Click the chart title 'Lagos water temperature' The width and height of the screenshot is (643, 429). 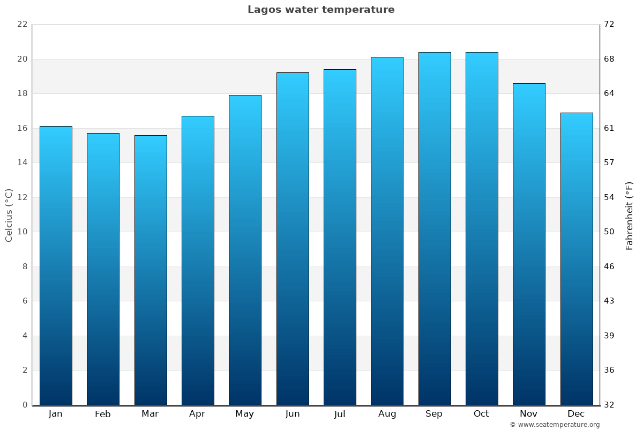click(x=321, y=10)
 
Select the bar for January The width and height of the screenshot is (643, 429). click(x=56, y=265)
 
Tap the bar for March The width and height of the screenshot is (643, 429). click(x=151, y=270)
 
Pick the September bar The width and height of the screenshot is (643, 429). click(x=435, y=228)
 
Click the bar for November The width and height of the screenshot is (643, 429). click(x=529, y=244)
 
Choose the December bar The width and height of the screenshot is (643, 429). click(x=577, y=258)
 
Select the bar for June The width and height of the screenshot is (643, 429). click(x=293, y=239)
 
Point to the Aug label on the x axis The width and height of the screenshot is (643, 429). click(x=387, y=414)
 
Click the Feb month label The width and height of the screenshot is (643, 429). click(x=103, y=414)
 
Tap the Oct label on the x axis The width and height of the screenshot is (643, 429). click(x=481, y=414)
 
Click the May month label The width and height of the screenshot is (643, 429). click(x=245, y=414)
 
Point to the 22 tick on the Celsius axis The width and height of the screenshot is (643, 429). click(x=22, y=25)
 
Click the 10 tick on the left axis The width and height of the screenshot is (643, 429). click(x=22, y=232)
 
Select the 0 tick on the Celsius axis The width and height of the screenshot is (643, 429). click(x=24, y=405)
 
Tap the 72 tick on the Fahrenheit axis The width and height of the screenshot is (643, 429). click(x=609, y=25)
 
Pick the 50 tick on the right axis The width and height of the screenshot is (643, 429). click(x=609, y=232)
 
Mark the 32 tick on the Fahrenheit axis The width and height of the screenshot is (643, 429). click(x=609, y=405)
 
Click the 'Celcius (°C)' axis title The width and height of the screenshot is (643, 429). click(x=9, y=215)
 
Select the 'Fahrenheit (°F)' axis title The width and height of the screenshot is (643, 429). click(x=630, y=215)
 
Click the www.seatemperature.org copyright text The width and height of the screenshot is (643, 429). click(x=555, y=425)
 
